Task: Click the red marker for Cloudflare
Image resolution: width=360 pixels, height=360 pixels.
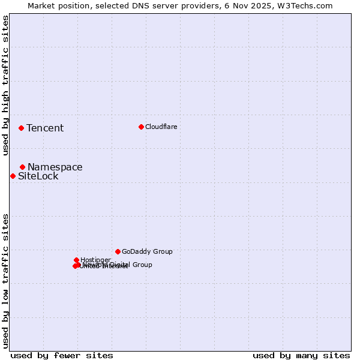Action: coord(141,127)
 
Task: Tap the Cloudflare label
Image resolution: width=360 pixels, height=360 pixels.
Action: coord(161,127)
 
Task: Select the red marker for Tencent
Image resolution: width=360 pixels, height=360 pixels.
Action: coord(21,128)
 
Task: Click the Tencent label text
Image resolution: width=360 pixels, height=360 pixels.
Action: coord(45,128)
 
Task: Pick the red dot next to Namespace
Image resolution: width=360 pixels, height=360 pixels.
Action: coord(22,167)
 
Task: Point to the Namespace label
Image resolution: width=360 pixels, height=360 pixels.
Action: coord(55,167)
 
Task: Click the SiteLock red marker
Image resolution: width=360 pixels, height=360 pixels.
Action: coord(13,176)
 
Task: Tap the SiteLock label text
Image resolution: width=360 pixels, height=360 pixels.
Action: coord(38,176)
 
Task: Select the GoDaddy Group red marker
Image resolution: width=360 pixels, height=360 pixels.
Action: coord(118,251)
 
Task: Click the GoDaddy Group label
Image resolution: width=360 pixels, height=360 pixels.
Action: coord(147,252)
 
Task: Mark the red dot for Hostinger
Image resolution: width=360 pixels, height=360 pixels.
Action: coord(77,260)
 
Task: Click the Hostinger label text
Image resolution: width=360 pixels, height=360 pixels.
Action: coord(96,260)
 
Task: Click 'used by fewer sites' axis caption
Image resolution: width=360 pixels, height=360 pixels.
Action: coord(62,356)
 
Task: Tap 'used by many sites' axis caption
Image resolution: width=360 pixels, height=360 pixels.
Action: coord(301,356)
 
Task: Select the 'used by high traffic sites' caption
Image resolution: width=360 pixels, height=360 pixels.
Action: coord(6,86)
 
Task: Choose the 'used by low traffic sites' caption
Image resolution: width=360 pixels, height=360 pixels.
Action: coord(6,280)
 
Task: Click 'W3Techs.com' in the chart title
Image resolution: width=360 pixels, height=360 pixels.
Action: coord(309,6)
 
